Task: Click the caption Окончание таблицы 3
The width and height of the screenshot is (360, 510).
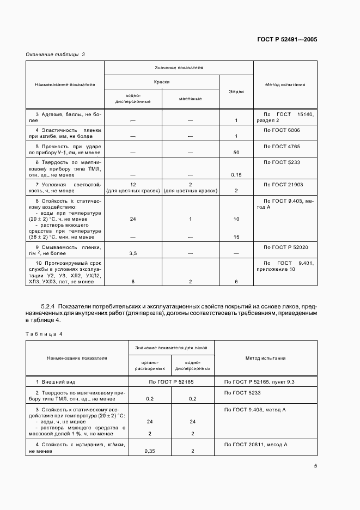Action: coord(55,54)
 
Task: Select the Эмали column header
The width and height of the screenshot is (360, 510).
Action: coord(236,92)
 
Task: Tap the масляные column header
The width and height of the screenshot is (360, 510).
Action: coord(190,99)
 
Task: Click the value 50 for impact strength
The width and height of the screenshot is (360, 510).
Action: coord(236,153)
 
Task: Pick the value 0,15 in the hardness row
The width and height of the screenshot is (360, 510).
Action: coord(236,174)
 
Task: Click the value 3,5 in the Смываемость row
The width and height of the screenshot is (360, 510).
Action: coord(133,253)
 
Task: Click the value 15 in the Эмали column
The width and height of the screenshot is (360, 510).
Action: coord(236,237)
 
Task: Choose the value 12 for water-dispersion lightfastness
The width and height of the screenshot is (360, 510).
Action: coord(133,185)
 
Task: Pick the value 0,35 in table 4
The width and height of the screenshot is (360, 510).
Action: coord(149,451)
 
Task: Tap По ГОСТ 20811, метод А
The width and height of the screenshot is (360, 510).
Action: coord(255,445)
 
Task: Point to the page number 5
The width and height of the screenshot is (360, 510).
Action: coord(316,465)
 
